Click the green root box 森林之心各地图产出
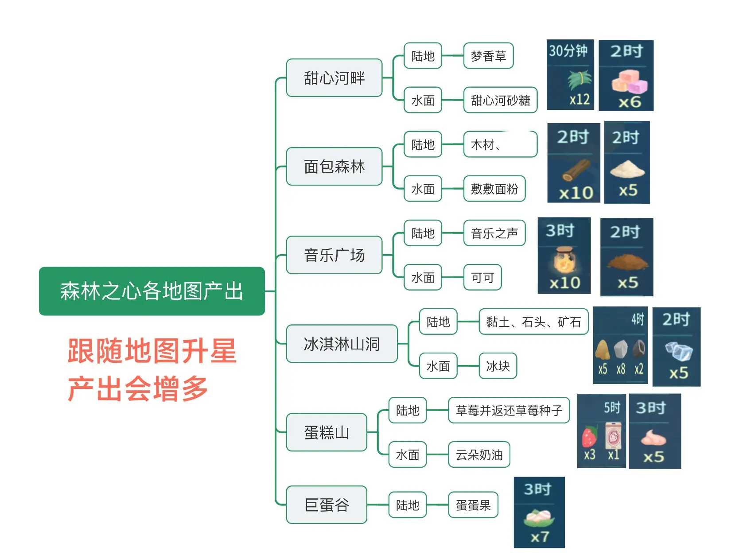tap(152, 291)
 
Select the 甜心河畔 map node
tap(334, 78)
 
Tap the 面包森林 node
tap(334, 167)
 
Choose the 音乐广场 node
tap(334, 255)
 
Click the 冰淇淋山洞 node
tap(342, 344)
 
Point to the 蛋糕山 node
tap(327, 432)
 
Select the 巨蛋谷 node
tap(327, 505)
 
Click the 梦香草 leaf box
tap(488, 56)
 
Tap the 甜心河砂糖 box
tap(500, 100)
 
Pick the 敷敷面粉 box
tap(494, 189)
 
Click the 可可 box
tap(482, 277)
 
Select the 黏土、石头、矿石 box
tap(533, 322)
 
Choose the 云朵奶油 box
tap(479, 454)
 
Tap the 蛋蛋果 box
tap(473, 505)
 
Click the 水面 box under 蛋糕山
tap(408, 454)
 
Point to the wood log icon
tap(576, 171)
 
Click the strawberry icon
tap(589, 437)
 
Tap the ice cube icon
tap(678, 351)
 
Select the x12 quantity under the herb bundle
tap(580, 99)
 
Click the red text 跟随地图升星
tap(152, 351)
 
